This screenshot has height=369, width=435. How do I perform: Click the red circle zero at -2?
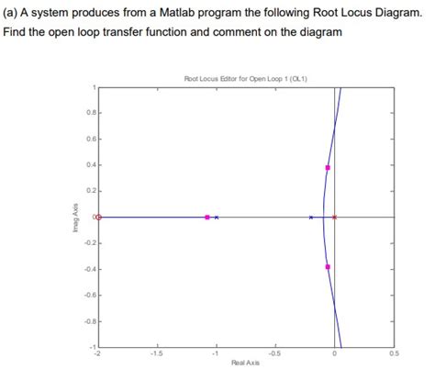coord(99,218)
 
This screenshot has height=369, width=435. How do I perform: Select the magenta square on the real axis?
coord(207,218)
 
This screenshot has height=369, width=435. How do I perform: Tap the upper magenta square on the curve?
coord(328,168)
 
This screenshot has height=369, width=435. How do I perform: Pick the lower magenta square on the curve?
coord(328,267)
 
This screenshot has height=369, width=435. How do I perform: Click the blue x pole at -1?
coord(217,218)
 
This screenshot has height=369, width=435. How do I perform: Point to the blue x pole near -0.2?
coord(311,218)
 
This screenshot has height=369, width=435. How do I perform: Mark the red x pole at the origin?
coord(334,218)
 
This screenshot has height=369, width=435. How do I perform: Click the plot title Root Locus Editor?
coord(245,79)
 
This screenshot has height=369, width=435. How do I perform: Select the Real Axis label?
coord(245,363)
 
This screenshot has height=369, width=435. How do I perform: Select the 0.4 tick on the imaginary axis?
coord(90,165)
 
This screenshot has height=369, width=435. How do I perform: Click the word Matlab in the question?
coord(172,12)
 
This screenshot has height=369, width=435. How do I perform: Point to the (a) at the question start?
coord(13,12)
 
